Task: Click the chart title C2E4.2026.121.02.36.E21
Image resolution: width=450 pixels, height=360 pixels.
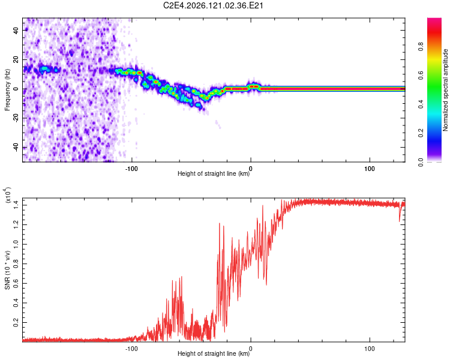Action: (x=213, y=5)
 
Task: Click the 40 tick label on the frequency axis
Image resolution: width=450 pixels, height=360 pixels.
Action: (x=16, y=30)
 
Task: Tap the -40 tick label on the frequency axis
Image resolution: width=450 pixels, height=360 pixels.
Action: (x=16, y=148)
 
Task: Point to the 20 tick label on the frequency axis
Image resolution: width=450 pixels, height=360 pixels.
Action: (x=16, y=59)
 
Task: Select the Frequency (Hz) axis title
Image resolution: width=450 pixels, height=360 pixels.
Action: (x=7, y=89)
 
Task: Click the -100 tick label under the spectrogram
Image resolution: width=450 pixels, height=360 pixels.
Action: (x=131, y=169)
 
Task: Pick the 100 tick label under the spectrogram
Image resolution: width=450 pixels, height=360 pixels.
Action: (x=370, y=169)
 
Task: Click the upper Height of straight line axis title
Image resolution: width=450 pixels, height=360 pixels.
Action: (x=214, y=173)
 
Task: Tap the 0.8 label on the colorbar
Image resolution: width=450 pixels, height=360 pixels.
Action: (x=421, y=46)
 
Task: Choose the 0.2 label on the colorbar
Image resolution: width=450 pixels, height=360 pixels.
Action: (x=421, y=133)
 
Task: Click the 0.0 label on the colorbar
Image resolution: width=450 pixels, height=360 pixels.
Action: (x=421, y=162)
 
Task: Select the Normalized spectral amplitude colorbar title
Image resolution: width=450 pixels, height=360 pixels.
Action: (x=445, y=89)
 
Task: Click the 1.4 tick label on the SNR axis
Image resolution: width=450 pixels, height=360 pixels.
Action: (x=16, y=205)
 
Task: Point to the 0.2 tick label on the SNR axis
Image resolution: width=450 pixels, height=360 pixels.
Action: (x=16, y=322)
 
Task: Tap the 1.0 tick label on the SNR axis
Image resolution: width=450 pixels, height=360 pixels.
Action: (x=16, y=244)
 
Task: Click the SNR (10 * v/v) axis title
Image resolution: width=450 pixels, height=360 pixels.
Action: (x=7, y=270)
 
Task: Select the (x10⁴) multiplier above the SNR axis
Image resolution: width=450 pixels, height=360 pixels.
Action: (x=8, y=195)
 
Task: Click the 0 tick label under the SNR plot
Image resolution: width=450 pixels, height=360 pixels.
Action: (x=251, y=349)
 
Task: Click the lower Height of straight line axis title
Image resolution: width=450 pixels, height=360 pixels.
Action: (x=214, y=353)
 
